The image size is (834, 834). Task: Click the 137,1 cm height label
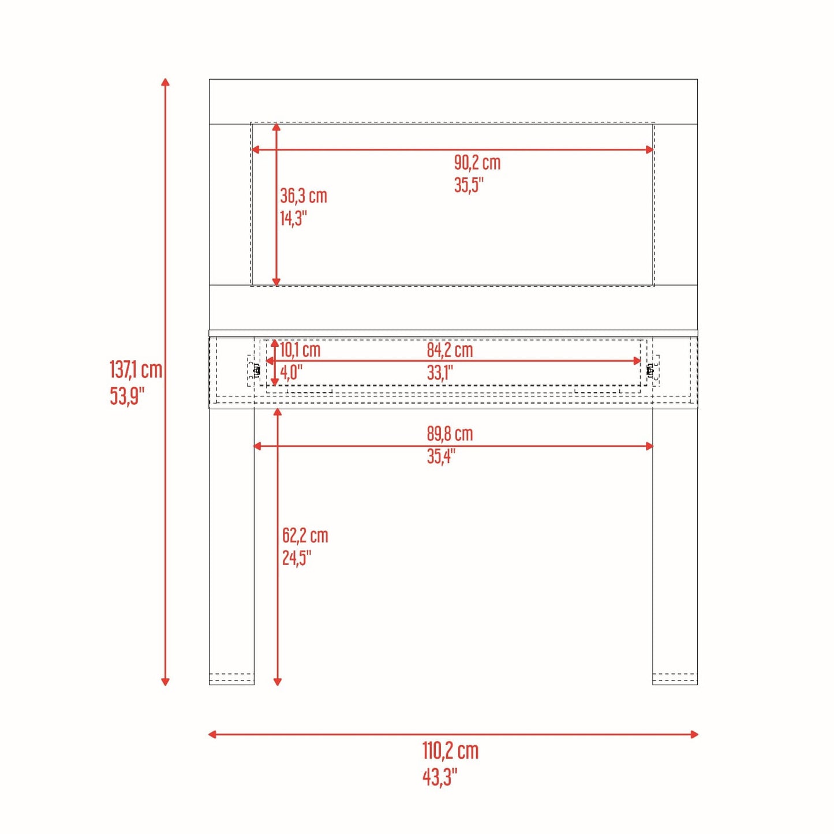(x=136, y=371)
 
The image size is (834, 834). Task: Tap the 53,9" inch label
(x=124, y=397)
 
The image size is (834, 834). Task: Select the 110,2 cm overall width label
(x=451, y=751)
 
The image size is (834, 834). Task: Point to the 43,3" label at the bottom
(x=440, y=777)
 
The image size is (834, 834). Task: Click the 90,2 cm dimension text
(x=477, y=163)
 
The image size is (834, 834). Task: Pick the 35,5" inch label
(x=468, y=185)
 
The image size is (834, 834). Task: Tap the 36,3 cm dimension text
(x=304, y=196)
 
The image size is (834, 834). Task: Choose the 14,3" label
(x=293, y=218)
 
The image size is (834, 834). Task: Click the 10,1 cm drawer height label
(x=300, y=350)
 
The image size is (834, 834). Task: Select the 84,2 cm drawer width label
(x=450, y=350)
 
